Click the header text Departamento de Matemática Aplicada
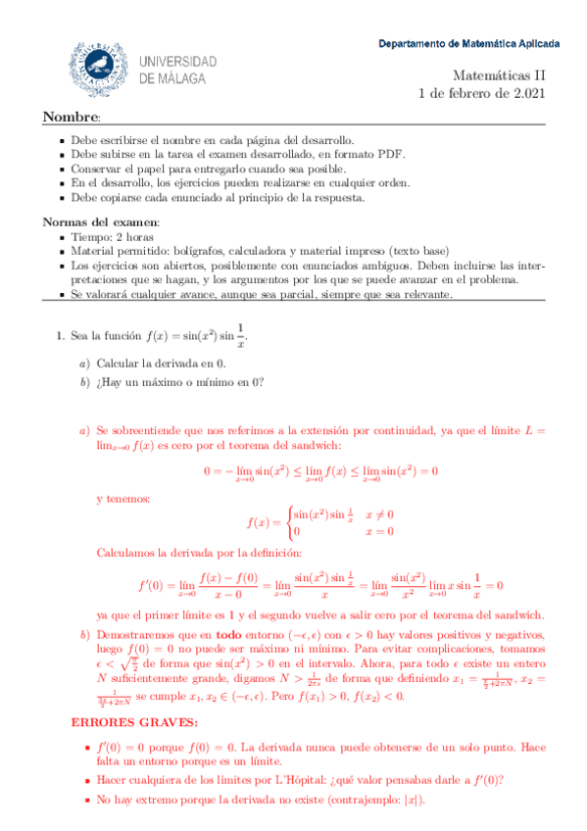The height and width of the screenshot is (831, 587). [469, 44]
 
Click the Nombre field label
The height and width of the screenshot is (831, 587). [66, 119]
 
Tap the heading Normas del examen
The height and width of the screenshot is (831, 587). [94, 221]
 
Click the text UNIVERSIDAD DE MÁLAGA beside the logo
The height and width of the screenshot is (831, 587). [178, 69]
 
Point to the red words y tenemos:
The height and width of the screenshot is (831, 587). [123, 499]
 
